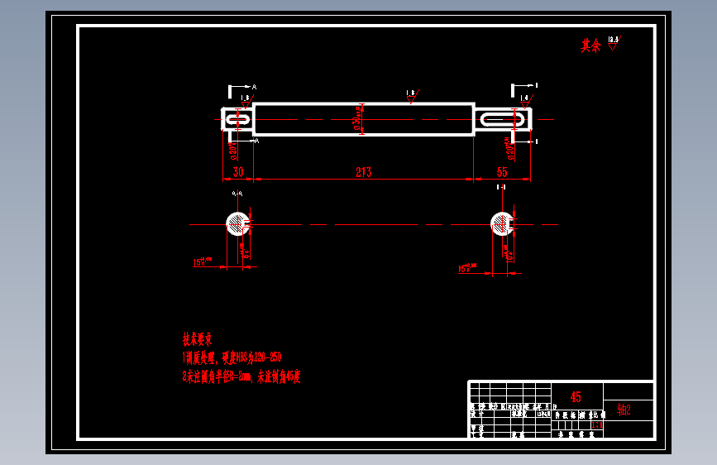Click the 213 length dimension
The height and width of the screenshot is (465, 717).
(x=363, y=172)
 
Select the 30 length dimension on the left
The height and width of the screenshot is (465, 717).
(x=238, y=172)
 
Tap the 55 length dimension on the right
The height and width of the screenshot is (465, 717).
(x=502, y=172)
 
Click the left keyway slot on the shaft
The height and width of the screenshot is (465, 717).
(x=238, y=120)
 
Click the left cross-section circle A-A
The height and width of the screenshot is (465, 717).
(x=238, y=223)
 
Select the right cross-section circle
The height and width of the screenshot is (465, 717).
(x=501, y=223)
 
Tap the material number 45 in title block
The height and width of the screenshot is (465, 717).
(x=576, y=397)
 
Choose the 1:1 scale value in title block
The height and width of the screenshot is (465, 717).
(x=597, y=425)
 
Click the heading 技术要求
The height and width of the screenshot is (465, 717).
(x=198, y=338)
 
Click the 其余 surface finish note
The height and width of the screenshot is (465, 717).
(x=590, y=46)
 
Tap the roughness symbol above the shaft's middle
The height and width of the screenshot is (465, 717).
(x=411, y=97)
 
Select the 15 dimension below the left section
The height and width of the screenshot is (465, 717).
(x=201, y=262)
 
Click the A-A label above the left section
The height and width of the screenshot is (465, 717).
(x=238, y=194)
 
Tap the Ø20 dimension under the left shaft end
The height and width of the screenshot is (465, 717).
(x=233, y=150)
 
